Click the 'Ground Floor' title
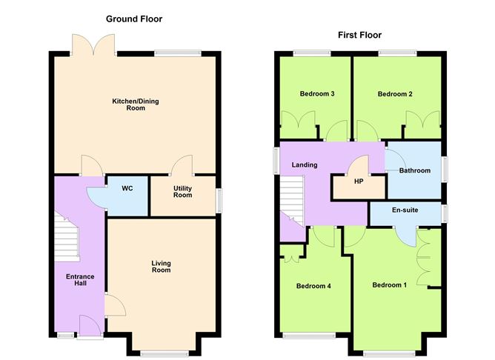coord(133,19)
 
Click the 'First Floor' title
coord(359,35)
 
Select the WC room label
coord(127,189)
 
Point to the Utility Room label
coord(182,192)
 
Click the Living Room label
coord(161,267)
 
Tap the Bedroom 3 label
coord(317,94)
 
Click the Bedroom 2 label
coord(394,94)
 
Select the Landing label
coord(305,164)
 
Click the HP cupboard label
coord(359,181)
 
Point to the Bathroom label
coord(414,170)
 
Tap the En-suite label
coord(405,210)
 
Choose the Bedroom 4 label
coord(313,286)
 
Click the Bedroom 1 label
coord(389,285)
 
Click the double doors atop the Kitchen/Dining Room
coord(94,44)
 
